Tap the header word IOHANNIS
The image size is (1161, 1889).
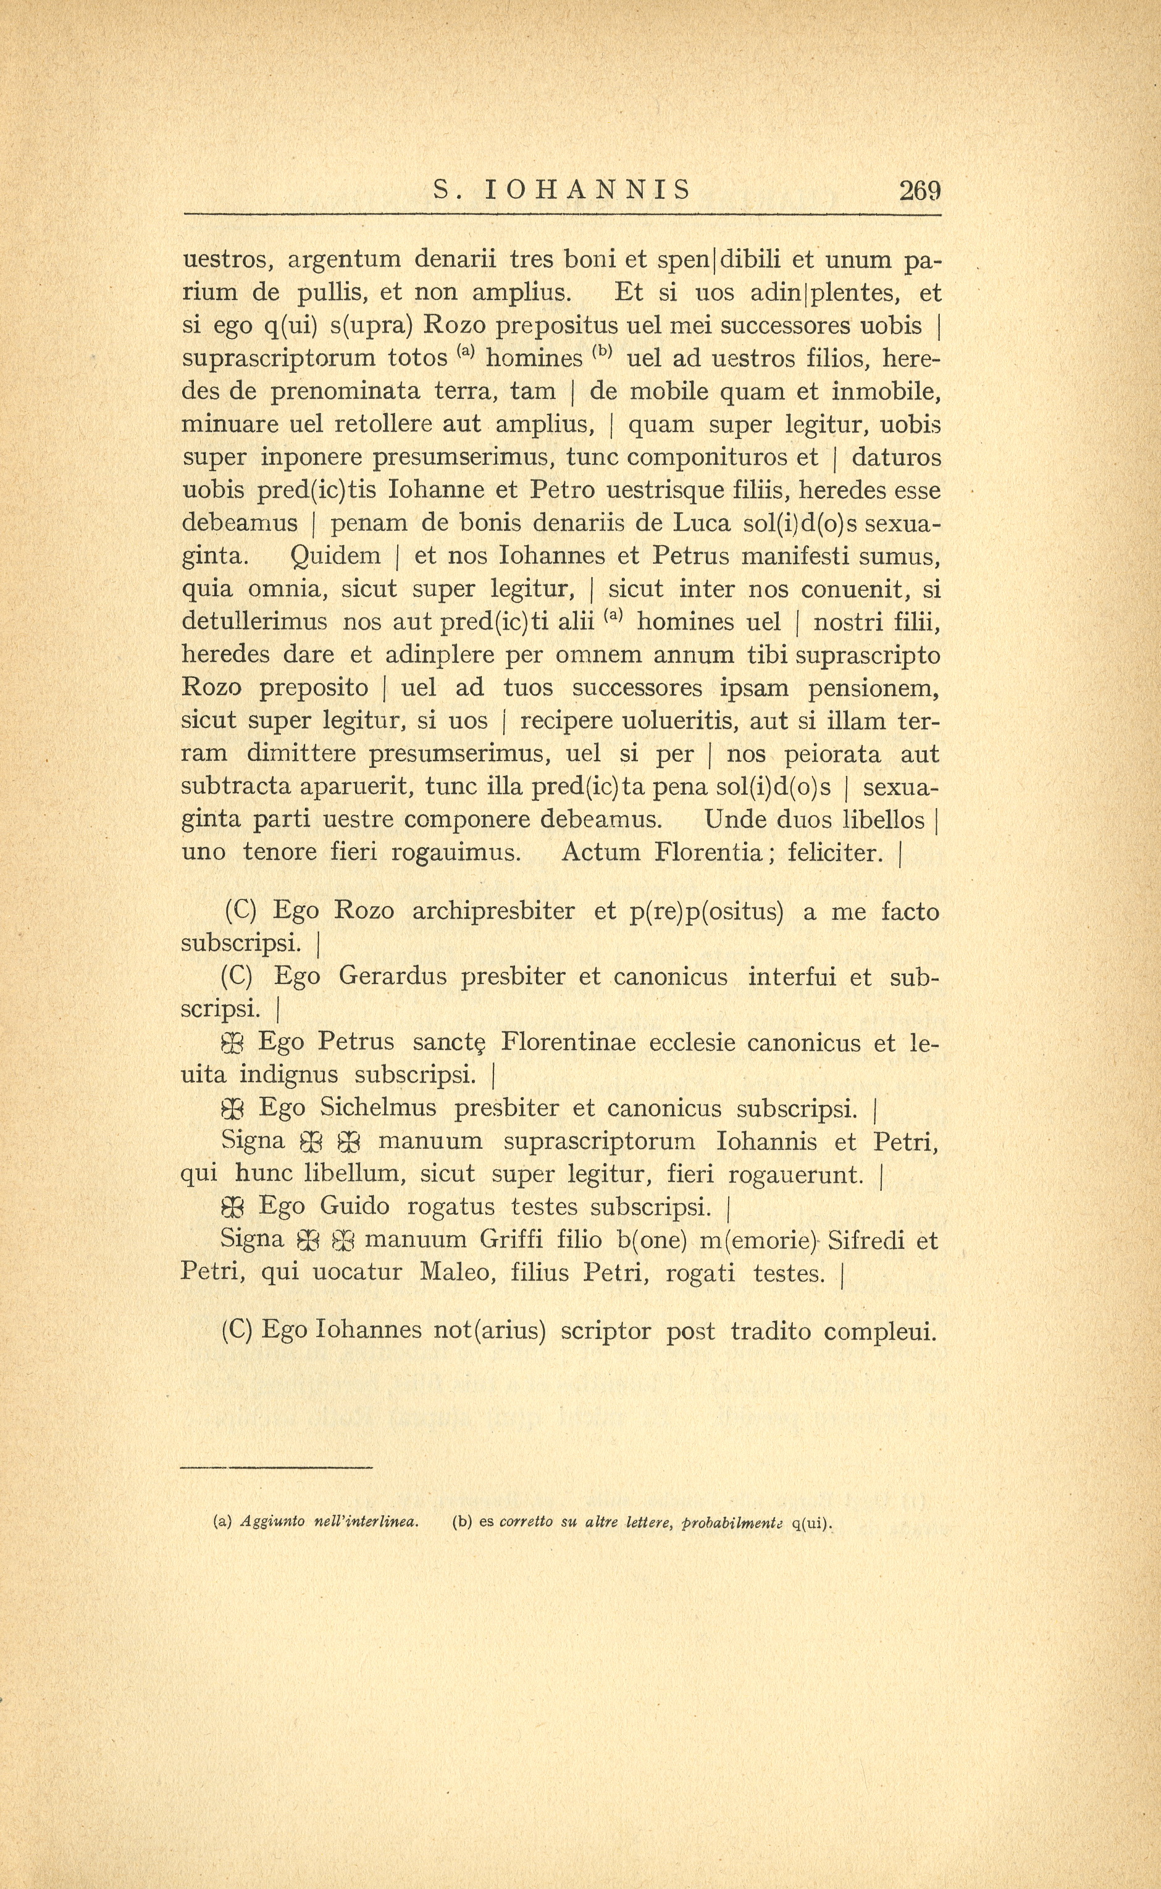click(x=589, y=190)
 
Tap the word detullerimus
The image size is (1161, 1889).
click(x=254, y=622)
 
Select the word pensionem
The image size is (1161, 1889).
click(x=874, y=688)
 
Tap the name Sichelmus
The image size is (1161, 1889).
click(x=379, y=1108)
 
